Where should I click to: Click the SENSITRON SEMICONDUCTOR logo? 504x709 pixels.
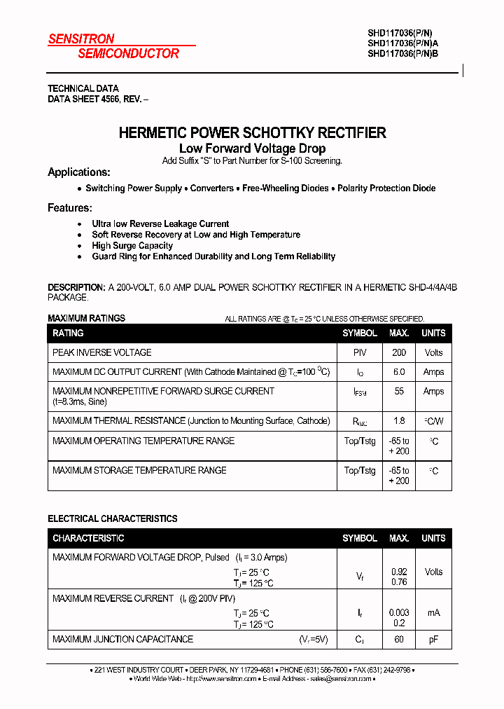click(113, 46)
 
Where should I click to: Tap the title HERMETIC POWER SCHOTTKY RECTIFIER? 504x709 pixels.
click(252, 132)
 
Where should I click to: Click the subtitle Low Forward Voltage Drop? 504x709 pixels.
click(252, 149)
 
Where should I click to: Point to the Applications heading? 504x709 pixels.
click(79, 172)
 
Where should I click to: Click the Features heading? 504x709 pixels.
click(70, 208)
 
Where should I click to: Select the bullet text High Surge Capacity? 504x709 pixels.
click(132, 246)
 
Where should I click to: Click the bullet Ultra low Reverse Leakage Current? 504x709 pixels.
click(160, 224)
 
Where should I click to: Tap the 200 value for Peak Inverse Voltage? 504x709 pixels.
click(399, 352)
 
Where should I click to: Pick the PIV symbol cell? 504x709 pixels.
click(360, 352)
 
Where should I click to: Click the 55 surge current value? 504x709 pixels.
click(399, 392)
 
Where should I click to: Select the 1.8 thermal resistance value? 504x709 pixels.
click(399, 421)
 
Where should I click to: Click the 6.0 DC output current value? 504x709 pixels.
click(399, 372)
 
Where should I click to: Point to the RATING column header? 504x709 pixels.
click(68, 333)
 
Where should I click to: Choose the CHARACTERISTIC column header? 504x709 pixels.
click(88, 538)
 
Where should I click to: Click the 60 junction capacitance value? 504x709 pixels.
click(399, 639)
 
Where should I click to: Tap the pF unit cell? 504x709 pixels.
click(433, 639)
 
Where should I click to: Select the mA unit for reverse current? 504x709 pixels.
click(433, 613)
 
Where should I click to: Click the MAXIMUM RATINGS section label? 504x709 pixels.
click(86, 318)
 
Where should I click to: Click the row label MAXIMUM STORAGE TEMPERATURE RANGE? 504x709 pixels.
click(139, 470)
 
